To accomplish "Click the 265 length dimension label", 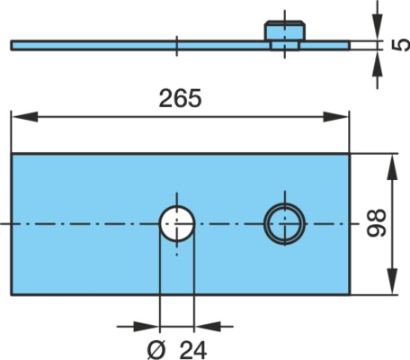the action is pos(180,98).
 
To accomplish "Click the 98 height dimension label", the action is pos(377,223).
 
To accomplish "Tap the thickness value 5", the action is pos(401,45).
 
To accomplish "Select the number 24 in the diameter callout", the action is pos(193,350).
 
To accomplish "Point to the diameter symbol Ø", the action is pos(156,350).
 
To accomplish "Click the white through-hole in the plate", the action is pos(177,224).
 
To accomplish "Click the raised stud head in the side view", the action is pos(284,31).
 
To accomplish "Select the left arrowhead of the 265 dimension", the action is pos(24,117).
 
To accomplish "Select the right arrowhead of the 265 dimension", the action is pos(336,117).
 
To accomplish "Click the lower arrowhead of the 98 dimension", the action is pos(392,282).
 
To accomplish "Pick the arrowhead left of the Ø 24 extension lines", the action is pos(147,327).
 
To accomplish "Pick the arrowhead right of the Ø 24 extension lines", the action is pos(208,327).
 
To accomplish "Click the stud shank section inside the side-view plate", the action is pos(285,46).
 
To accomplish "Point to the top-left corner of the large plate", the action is pos(12,154).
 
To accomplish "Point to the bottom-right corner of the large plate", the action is pos(350,295).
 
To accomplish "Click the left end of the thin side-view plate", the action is pos(11,45).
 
